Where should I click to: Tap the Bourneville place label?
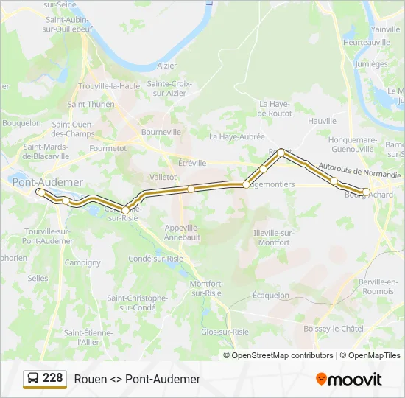161,132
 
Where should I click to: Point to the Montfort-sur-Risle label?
205,288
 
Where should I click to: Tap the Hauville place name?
323,120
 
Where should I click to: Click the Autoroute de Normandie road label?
360,170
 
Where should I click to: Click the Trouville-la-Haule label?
109,85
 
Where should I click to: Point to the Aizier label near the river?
166,66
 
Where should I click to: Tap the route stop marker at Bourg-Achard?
366,192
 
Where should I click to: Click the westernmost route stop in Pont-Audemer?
40,192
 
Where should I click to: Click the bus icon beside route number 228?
33,379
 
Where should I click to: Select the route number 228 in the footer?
53,378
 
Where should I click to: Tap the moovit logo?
349,380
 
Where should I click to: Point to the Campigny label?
82,262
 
